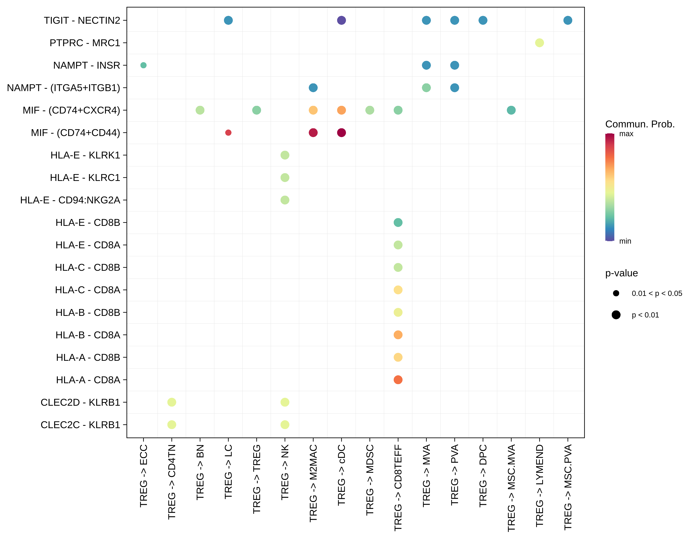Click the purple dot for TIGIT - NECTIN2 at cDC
341,20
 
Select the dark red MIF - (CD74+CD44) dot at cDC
341,133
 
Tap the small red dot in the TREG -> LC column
228,133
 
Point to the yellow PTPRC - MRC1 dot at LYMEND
539,43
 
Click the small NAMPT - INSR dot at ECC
143,65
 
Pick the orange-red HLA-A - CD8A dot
398,380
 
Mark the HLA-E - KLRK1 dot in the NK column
285,155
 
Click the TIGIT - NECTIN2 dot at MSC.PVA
568,20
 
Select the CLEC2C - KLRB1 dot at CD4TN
172,425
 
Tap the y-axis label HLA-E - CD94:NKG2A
70,200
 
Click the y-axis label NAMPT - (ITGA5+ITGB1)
63,88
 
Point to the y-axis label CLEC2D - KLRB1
80,402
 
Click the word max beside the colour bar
626,134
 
